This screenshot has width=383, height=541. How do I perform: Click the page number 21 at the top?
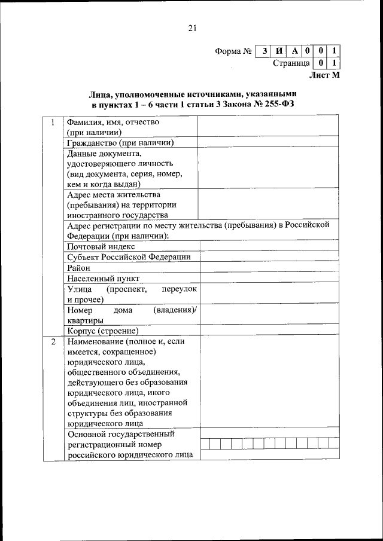point(191,27)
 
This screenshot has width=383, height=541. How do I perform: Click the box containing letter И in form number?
point(278,51)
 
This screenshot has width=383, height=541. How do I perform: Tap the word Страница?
point(291,63)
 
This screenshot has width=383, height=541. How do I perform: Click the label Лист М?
point(324,75)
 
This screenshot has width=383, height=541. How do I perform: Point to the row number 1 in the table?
point(53,123)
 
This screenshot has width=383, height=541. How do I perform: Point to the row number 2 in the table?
point(53,342)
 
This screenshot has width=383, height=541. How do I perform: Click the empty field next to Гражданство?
point(266,142)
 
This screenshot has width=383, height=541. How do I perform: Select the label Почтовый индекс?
point(101,246)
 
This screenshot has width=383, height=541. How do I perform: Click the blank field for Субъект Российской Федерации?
point(266,256)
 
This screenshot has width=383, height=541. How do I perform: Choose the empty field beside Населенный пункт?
point(266,278)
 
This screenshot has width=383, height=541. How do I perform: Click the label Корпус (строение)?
point(103,331)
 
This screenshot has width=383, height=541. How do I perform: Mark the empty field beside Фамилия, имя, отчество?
point(266,127)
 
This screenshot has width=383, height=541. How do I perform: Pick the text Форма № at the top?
point(232,51)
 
